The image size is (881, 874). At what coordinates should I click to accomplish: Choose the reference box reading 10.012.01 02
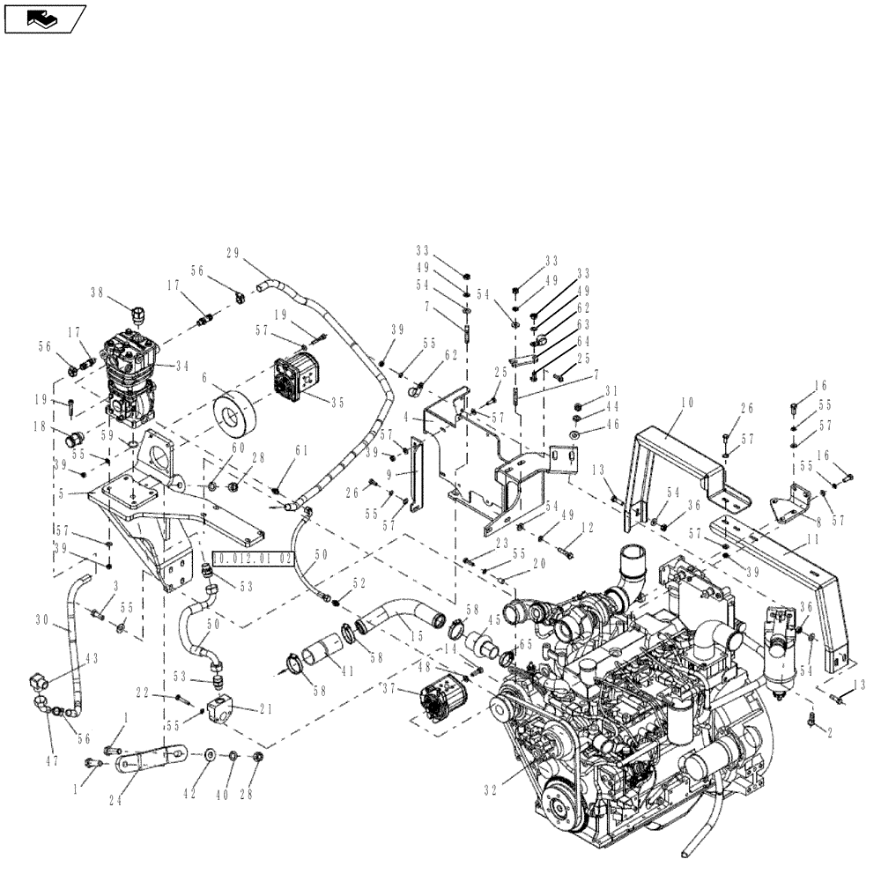(x=252, y=559)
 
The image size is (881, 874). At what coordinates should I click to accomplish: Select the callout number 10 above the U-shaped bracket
(x=687, y=403)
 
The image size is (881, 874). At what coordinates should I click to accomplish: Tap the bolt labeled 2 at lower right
(x=812, y=721)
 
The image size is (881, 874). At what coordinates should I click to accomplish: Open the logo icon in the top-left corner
(x=44, y=17)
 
